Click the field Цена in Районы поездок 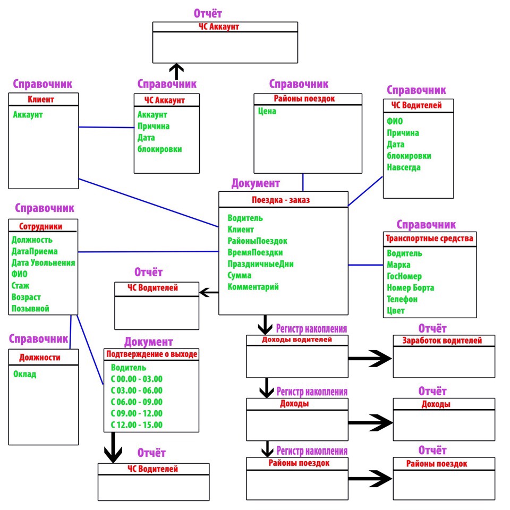(x=268, y=112)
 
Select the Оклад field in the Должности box (x=24, y=374)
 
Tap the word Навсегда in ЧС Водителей (x=404, y=167)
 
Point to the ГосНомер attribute (x=404, y=276)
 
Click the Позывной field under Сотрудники (x=30, y=309)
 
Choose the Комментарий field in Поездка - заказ (x=253, y=287)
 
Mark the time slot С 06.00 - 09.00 (x=137, y=402)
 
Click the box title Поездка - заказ (x=280, y=200)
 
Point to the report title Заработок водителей (x=442, y=341)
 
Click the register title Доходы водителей (x=297, y=339)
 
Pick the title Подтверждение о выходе (x=152, y=354)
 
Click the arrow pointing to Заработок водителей (x=371, y=358)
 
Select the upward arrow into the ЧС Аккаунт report (x=176, y=71)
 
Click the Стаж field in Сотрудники (x=20, y=286)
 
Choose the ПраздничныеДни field (x=261, y=264)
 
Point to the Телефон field (x=402, y=299)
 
